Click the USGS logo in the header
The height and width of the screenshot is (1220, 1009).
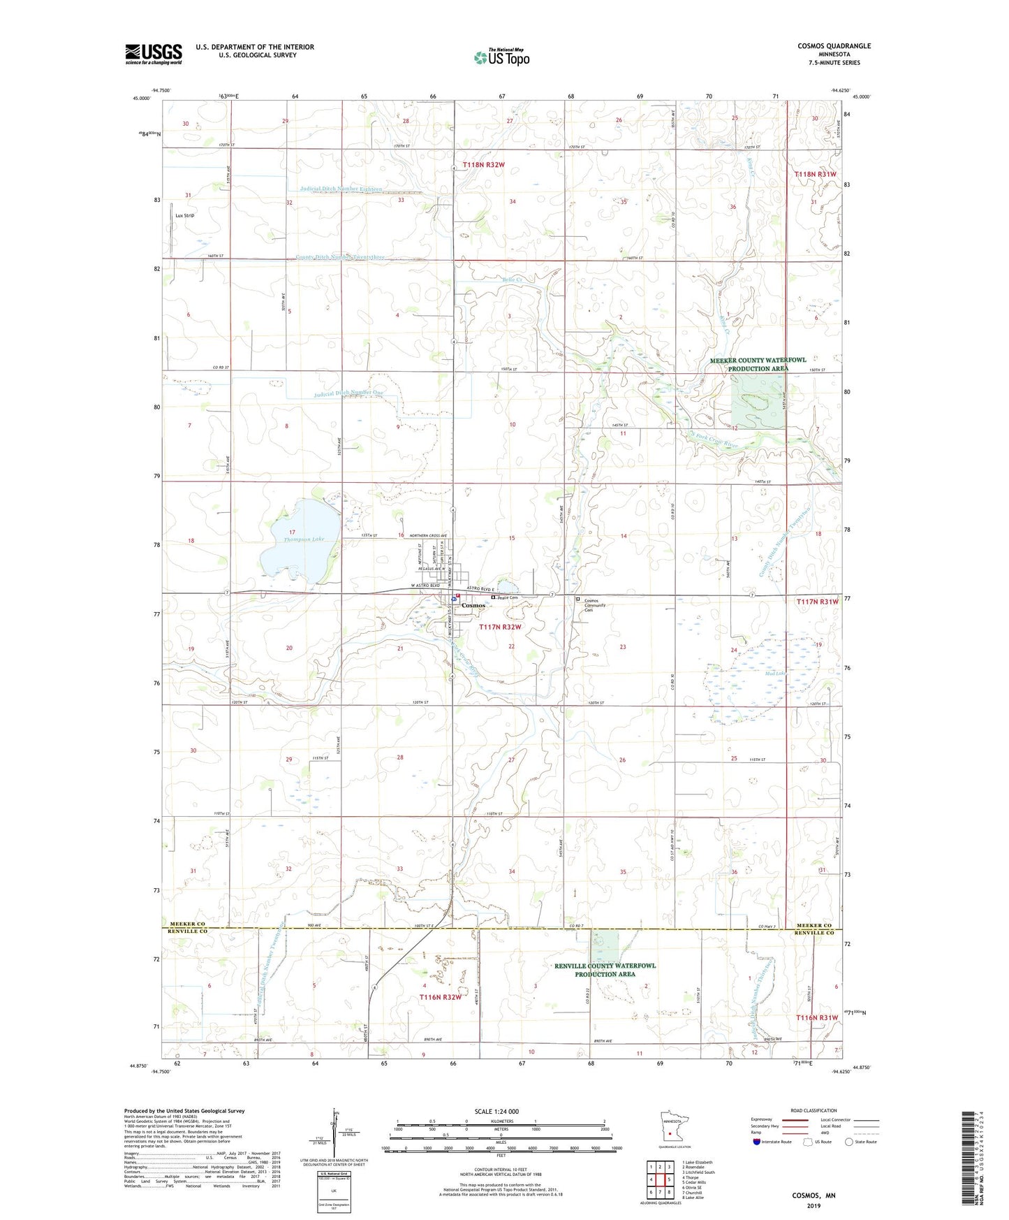coord(154,53)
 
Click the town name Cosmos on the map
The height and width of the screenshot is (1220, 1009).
coord(473,605)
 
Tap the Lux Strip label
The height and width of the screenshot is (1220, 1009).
coord(185,215)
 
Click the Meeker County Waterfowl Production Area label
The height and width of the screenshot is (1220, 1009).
coord(758,364)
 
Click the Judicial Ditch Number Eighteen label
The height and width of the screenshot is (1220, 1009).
coord(341,189)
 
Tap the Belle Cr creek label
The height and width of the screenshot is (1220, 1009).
coord(512,279)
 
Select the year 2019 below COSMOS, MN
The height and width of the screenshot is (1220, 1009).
coord(813,1205)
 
